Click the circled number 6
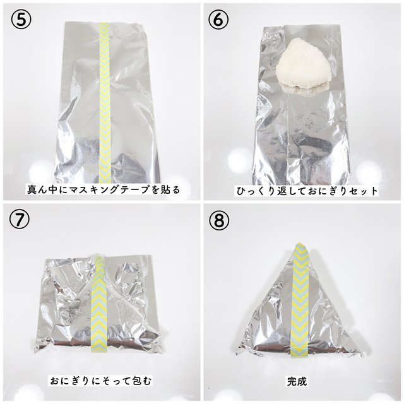pos(219,18)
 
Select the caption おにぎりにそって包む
pos(102,381)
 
